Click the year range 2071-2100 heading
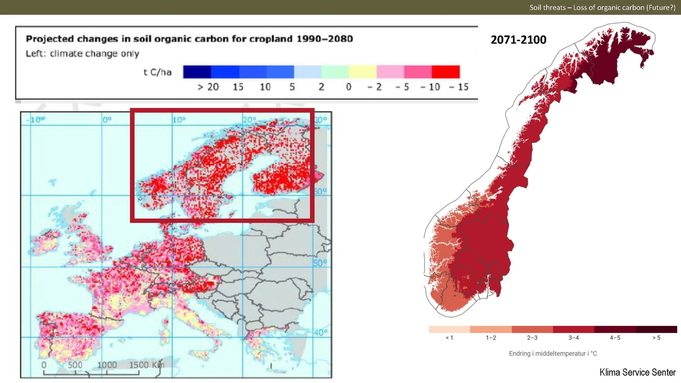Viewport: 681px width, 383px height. click(x=518, y=40)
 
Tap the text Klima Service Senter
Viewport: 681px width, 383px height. click(x=637, y=372)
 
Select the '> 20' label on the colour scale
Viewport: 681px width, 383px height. click(x=208, y=87)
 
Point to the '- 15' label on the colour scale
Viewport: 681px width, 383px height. click(x=459, y=87)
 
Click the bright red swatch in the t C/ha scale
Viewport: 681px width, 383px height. click(x=446, y=72)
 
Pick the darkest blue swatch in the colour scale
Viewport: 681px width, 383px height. click(x=197, y=72)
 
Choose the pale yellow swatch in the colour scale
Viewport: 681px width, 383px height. click(x=363, y=72)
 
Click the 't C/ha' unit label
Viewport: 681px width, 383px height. click(x=157, y=72)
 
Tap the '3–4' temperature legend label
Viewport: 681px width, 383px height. click(x=573, y=338)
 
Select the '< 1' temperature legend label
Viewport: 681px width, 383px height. click(x=449, y=338)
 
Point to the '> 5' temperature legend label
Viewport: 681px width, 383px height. click(x=656, y=338)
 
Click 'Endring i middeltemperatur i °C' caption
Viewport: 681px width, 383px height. click(x=553, y=353)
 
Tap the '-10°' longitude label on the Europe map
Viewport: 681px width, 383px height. click(x=36, y=120)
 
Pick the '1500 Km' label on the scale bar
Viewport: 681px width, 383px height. click(x=147, y=365)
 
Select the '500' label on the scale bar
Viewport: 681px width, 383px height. click(x=75, y=365)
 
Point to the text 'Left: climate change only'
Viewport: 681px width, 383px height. click(x=82, y=54)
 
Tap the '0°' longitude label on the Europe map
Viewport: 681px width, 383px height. click(x=107, y=120)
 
